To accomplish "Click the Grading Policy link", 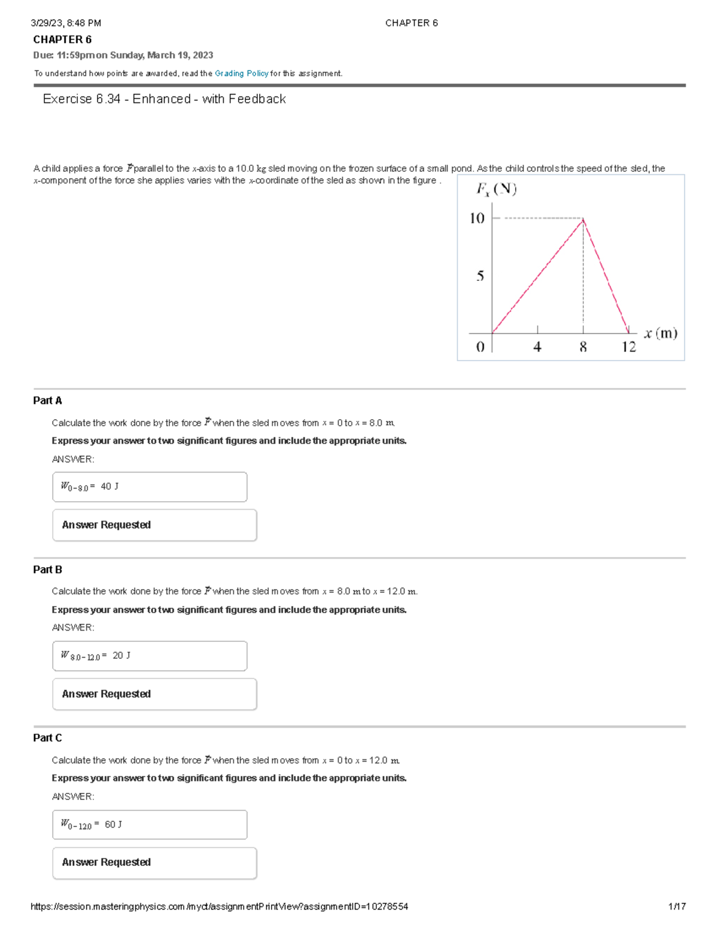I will (241, 74).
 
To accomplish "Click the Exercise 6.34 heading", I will (164, 99).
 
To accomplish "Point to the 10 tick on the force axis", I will (477, 219).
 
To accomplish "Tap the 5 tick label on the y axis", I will (480, 276).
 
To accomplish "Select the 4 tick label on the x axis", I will (537, 347).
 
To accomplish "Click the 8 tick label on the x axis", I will (583, 347).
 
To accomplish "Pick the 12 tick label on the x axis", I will (629, 347).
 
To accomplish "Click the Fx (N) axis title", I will (496, 189).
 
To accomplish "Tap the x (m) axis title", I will (661, 334).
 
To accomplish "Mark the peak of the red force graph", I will (583, 220).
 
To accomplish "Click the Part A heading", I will (48, 401).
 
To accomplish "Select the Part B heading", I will (48, 569).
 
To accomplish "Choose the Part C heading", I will (48, 738).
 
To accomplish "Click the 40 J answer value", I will (109, 486).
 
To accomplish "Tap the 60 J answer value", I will (113, 825).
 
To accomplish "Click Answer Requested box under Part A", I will (154, 525).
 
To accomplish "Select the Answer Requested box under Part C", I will (154, 863).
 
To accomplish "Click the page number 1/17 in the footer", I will (677, 907).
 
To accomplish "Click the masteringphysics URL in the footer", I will (219, 907).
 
